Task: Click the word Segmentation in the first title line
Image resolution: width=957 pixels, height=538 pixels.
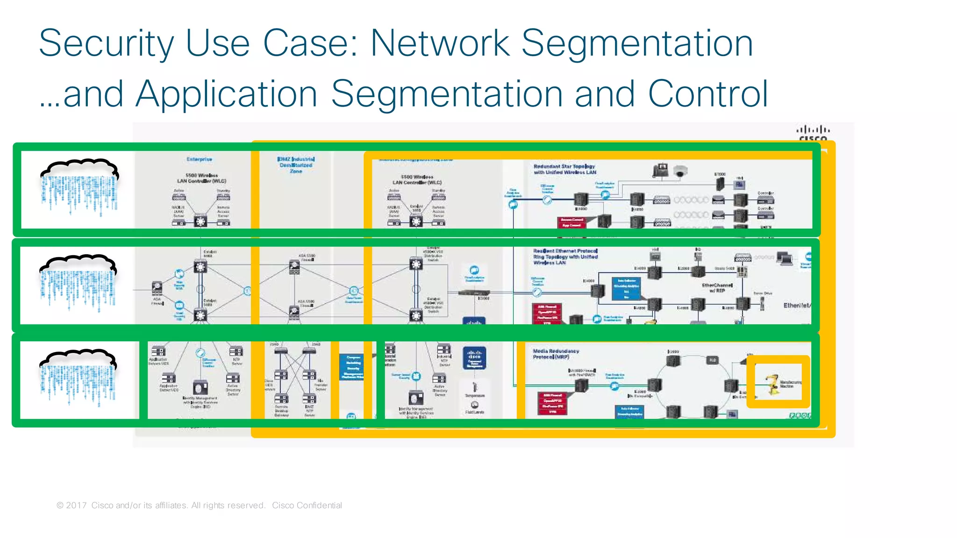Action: [636, 43]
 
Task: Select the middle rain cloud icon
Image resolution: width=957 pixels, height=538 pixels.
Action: [78, 283]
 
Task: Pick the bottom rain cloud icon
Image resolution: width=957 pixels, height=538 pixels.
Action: [78, 378]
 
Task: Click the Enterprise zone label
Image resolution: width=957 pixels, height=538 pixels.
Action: [200, 159]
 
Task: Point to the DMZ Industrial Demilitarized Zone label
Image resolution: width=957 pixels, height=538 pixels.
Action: [296, 165]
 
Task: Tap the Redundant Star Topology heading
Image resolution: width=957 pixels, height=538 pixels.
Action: [564, 169]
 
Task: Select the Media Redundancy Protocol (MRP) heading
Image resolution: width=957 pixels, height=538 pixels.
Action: [556, 354]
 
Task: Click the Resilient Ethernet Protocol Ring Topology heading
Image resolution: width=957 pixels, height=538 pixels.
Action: [565, 257]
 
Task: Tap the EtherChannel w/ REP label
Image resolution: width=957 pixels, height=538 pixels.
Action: [717, 287]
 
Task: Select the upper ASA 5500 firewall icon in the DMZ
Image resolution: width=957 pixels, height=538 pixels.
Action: [294, 267]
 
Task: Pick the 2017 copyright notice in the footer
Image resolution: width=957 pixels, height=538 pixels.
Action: [161, 505]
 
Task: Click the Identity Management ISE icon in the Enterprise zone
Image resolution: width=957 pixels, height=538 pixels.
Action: [200, 387]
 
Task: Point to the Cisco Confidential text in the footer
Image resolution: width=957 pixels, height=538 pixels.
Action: [307, 505]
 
